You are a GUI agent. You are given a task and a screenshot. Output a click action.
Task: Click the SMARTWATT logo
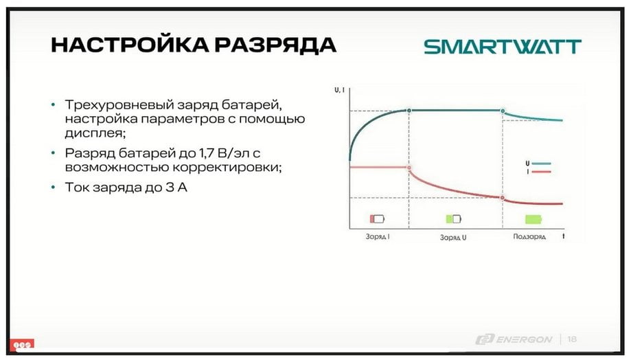click(503, 47)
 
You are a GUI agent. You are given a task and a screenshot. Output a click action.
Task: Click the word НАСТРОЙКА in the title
click(130, 44)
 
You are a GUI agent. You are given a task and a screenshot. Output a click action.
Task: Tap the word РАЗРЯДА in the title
click(275, 45)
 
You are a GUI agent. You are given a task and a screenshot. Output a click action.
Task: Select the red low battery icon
click(377, 218)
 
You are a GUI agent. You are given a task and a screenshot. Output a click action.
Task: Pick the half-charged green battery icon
click(454, 218)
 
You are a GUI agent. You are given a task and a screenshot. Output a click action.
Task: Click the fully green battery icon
click(534, 219)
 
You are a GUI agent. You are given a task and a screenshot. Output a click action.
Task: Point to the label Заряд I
click(378, 236)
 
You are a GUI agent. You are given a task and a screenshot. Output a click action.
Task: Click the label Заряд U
click(453, 237)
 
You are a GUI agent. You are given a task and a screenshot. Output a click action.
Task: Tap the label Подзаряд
click(529, 236)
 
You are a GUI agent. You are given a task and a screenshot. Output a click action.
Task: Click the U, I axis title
click(339, 90)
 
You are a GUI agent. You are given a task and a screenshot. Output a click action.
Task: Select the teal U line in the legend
click(541, 164)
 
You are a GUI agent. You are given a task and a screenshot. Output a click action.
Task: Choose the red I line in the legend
click(541, 172)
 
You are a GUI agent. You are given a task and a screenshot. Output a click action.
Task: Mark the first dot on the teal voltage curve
click(409, 111)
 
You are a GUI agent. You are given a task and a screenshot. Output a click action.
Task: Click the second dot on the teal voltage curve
click(503, 111)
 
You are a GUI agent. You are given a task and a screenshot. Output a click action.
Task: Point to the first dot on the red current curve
click(409, 168)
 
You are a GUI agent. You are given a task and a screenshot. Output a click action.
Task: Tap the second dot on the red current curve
click(502, 198)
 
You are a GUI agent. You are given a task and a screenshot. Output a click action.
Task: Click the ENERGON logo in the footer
click(514, 339)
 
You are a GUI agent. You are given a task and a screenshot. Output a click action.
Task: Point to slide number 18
click(572, 339)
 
